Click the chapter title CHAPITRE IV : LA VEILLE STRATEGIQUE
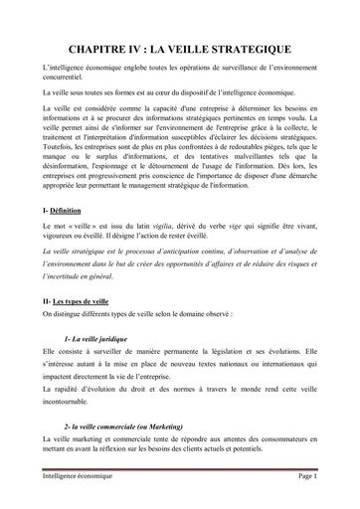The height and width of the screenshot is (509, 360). coord(179,48)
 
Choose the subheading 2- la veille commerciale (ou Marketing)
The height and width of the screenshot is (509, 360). coord(128,424)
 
